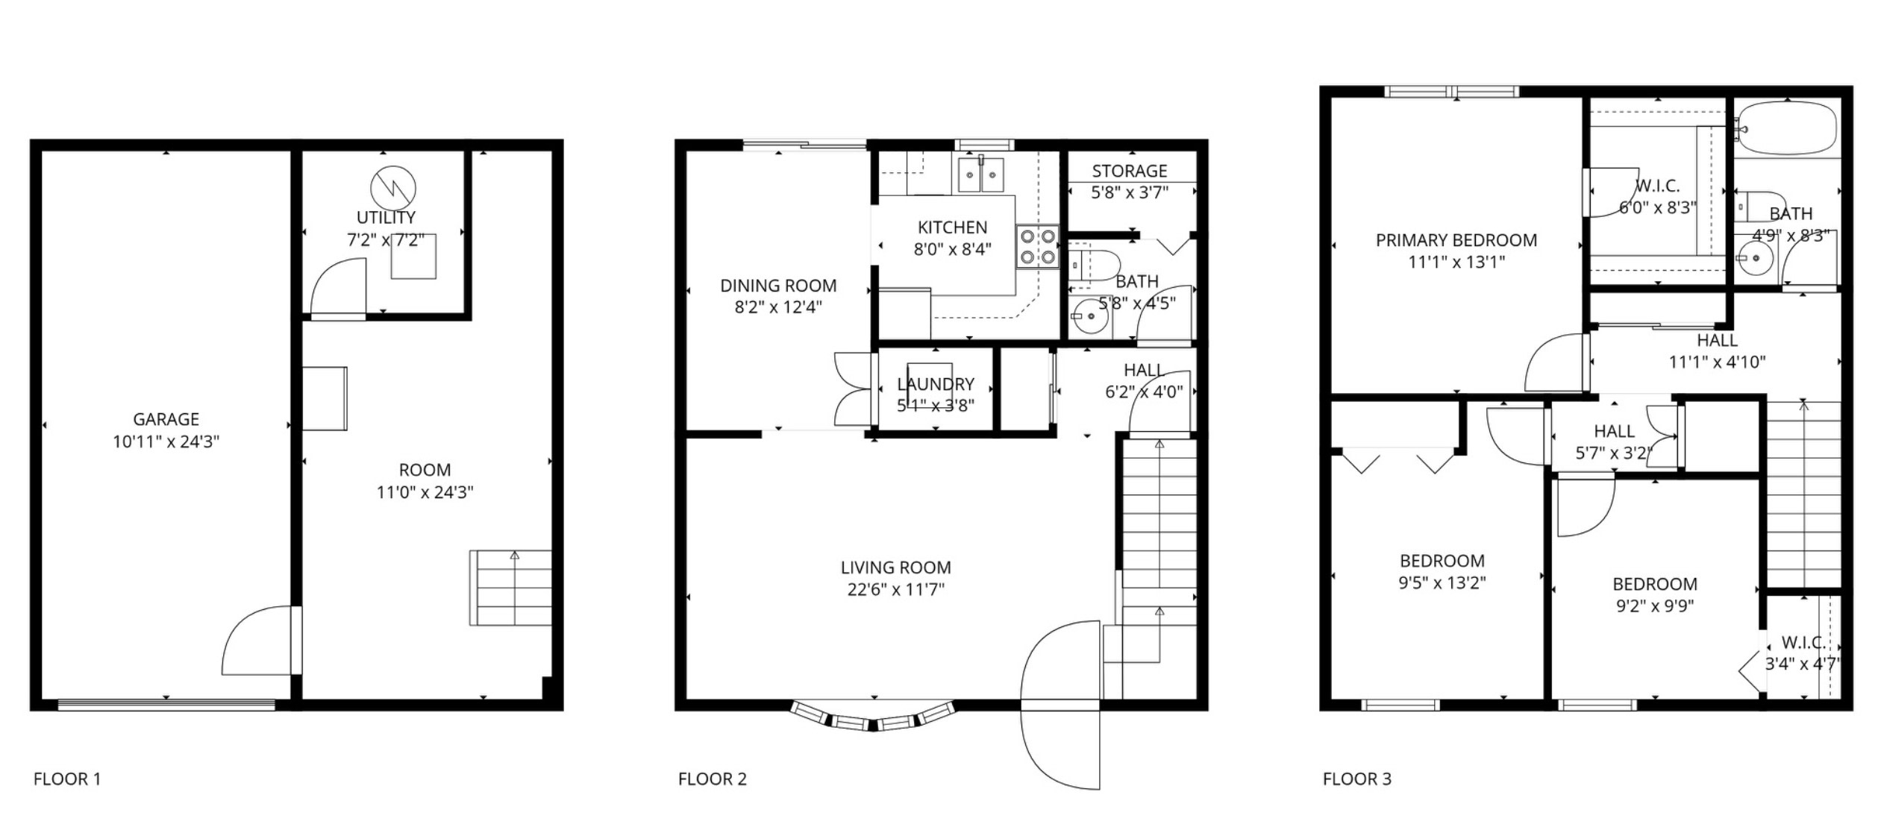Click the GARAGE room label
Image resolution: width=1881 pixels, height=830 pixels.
point(166,419)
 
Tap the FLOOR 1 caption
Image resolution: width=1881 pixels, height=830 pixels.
point(67,779)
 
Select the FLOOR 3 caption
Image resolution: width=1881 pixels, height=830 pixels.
point(1357,779)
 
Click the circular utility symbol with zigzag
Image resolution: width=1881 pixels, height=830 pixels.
point(393,188)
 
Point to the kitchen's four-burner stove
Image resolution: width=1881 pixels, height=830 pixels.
point(1038,247)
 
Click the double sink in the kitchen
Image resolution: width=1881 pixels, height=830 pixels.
point(980,175)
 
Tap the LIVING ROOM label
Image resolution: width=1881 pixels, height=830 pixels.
point(896,568)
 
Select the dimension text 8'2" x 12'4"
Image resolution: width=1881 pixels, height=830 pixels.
point(778,307)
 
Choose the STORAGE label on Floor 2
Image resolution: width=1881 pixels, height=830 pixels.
point(1130,171)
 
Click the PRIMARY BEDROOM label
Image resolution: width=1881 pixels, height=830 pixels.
point(1456,240)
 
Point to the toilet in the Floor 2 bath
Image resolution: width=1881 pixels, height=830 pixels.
point(1095,265)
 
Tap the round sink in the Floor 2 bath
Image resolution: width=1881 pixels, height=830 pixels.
point(1090,318)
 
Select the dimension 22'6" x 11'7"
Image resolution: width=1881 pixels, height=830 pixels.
point(896,590)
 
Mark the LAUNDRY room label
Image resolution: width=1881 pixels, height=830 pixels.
point(936,384)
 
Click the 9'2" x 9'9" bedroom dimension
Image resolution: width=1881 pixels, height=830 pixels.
point(1655,606)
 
